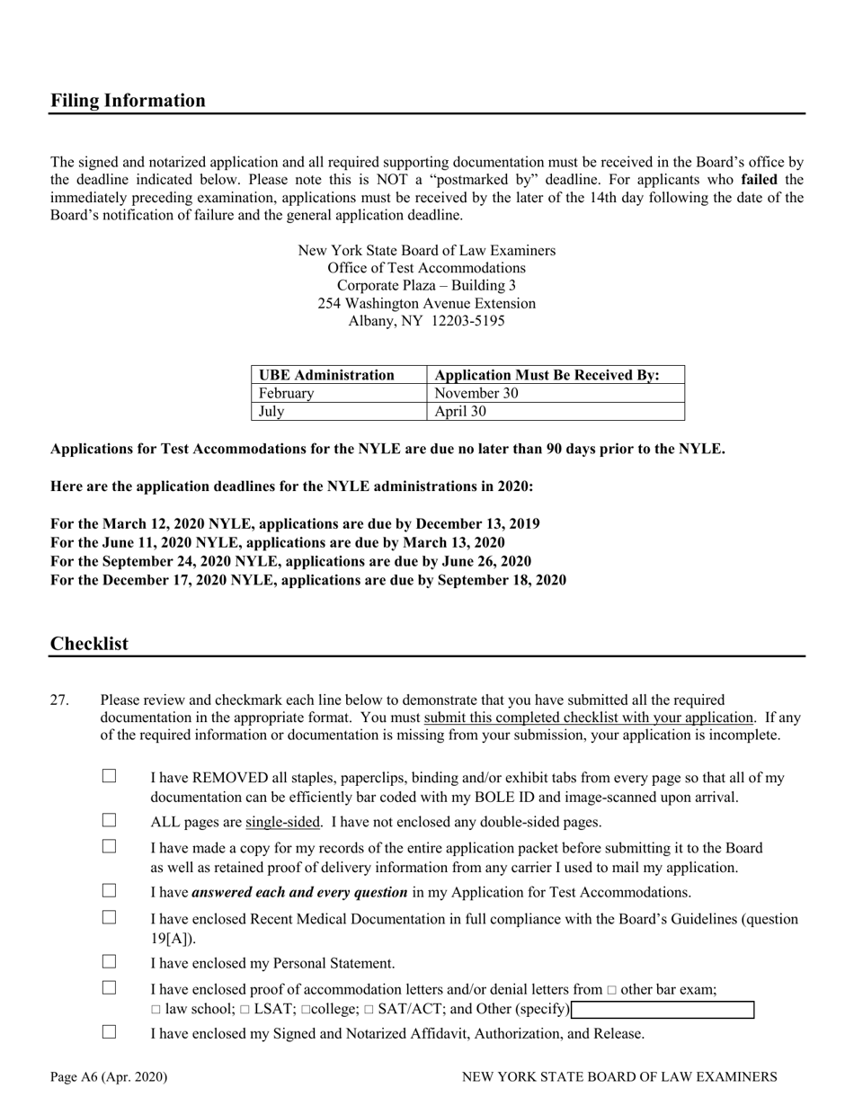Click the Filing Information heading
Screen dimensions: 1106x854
(x=128, y=101)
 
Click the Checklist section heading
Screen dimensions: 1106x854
(x=89, y=644)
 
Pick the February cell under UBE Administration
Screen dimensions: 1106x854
(x=286, y=393)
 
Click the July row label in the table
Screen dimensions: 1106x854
(x=271, y=412)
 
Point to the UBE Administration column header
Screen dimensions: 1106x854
(x=326, y=375)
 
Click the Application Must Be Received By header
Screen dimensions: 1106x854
(x=547, y=375)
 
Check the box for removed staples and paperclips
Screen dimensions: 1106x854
(x=110, y=776)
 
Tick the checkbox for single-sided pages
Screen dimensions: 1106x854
(x=110, y=820)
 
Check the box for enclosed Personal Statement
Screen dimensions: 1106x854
(x=110, y=962)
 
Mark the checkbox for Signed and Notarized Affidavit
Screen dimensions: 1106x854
(x=110, y=1032)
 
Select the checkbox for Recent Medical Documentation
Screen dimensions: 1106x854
(x=110, y=917)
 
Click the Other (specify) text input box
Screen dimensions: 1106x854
(x=663, y=1010)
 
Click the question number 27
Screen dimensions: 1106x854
(x=59, y=700)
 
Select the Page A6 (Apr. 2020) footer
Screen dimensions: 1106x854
(x=109, y=1076)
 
